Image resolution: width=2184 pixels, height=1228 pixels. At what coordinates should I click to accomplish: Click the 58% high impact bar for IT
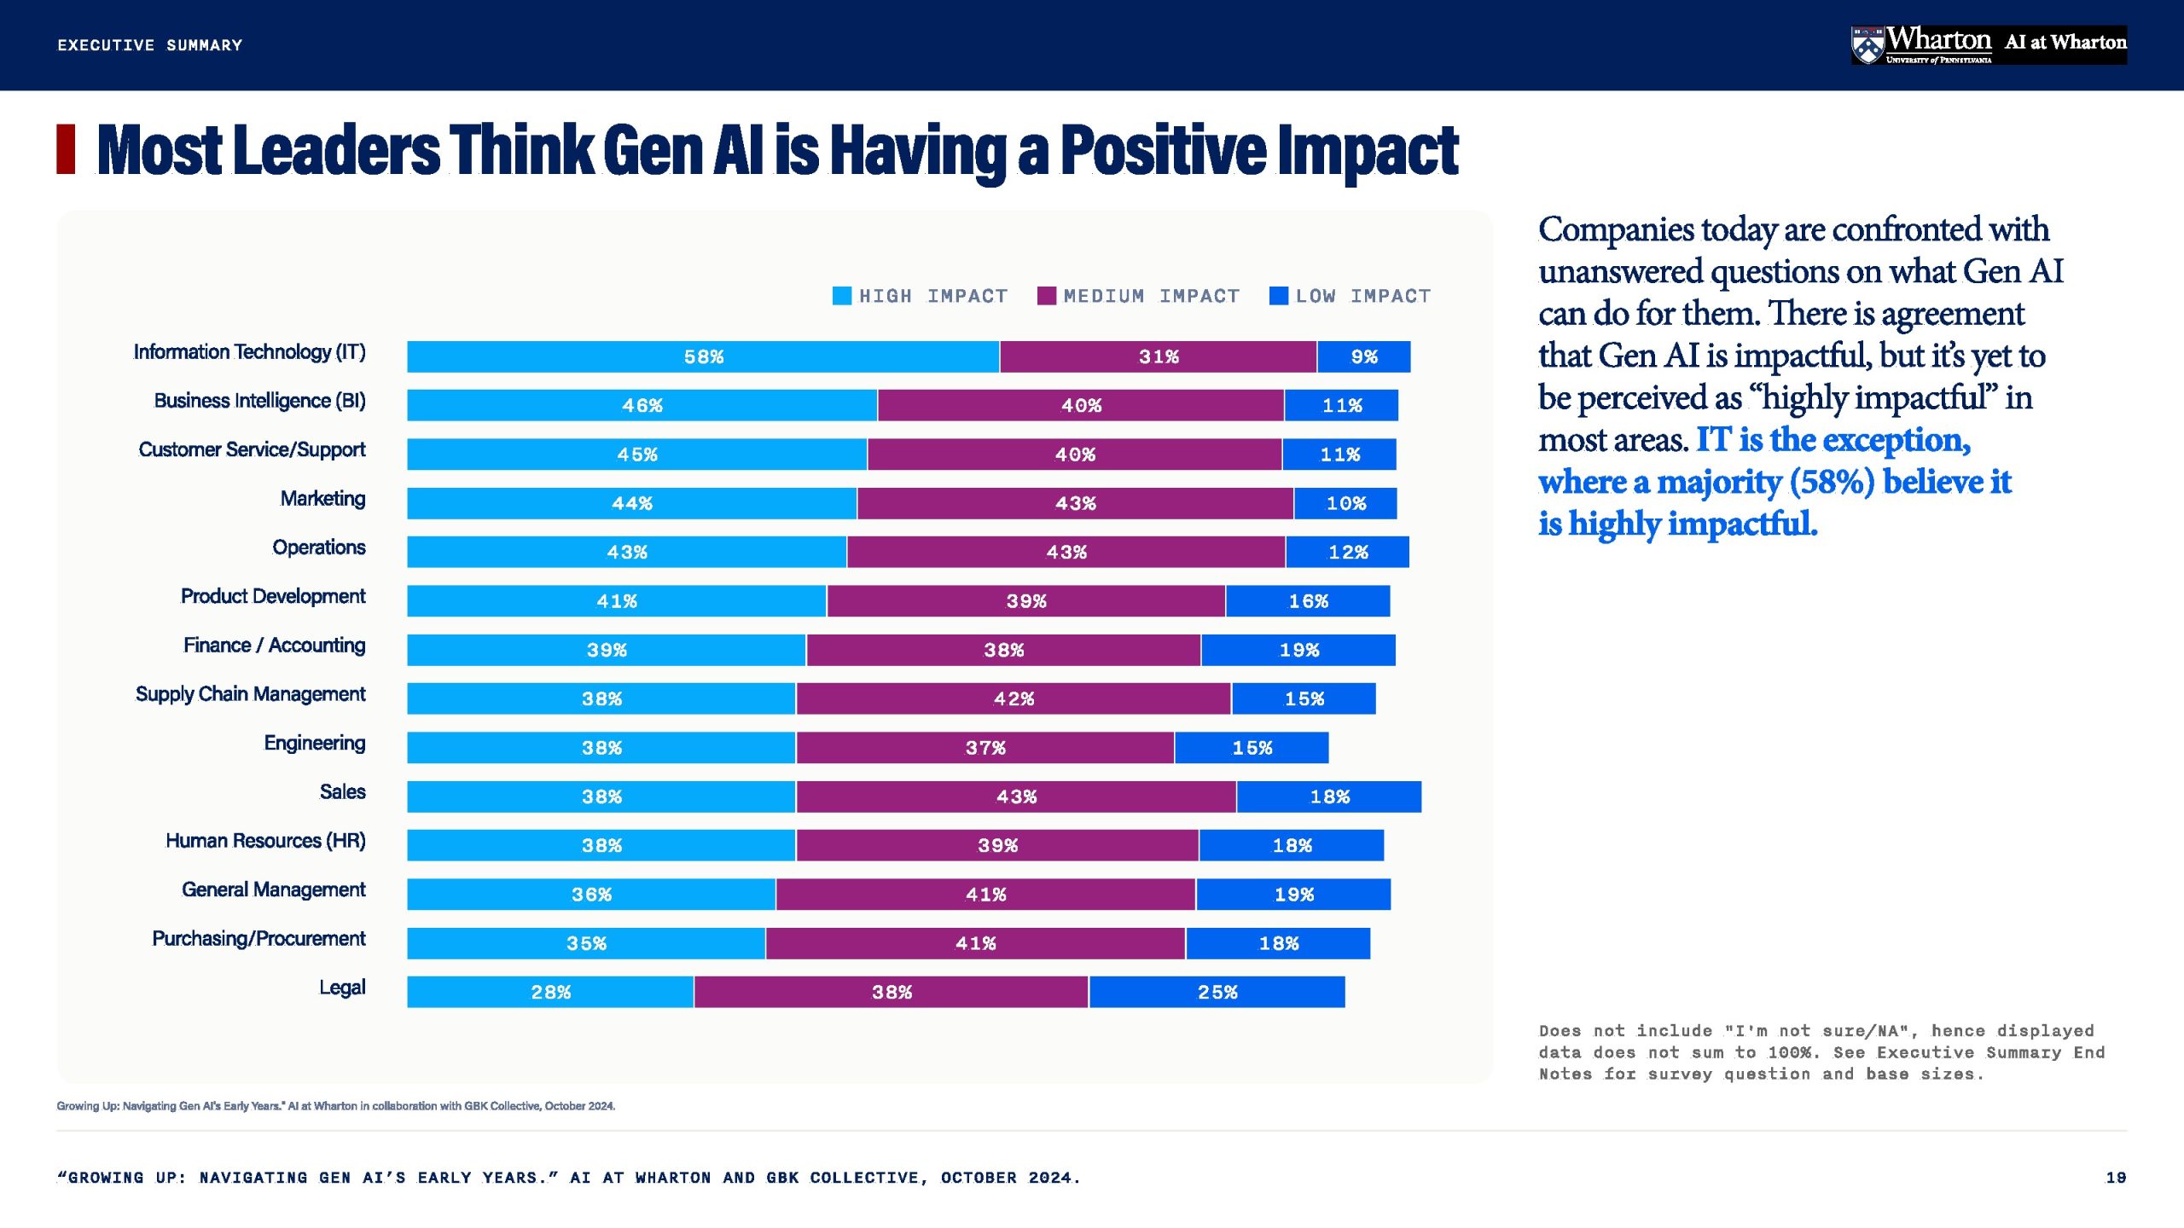703,356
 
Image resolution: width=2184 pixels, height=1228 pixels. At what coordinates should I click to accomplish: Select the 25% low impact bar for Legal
1217,992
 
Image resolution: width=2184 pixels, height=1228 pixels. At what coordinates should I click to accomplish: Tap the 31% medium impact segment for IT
1158,356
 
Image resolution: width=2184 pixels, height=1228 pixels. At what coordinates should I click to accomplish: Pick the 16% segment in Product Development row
1308,601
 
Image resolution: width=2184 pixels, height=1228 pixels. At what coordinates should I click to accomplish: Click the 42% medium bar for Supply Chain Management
1014,698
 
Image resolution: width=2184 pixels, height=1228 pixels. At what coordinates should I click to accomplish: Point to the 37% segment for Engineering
985,748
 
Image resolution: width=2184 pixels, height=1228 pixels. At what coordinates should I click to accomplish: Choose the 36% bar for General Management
591,895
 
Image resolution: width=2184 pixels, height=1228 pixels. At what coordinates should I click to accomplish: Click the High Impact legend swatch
842,296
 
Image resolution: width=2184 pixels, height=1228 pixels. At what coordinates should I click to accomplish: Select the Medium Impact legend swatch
1047,296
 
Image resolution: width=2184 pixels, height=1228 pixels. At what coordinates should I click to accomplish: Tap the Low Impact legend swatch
1279,296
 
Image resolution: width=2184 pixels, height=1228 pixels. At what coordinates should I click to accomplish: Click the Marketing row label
322,499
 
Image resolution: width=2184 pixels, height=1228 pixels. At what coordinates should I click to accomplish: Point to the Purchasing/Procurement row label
258,939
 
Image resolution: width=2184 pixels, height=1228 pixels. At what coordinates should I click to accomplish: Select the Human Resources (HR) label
265,841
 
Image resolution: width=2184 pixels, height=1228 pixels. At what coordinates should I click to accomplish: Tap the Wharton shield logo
1867,45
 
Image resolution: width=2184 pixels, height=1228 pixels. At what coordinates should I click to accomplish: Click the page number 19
2116,1178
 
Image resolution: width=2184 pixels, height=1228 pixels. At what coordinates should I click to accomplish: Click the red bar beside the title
66,149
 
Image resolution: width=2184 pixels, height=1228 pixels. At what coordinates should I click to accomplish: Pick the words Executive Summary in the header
150,45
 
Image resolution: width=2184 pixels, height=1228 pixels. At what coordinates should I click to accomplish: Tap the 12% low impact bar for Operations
1348,553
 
